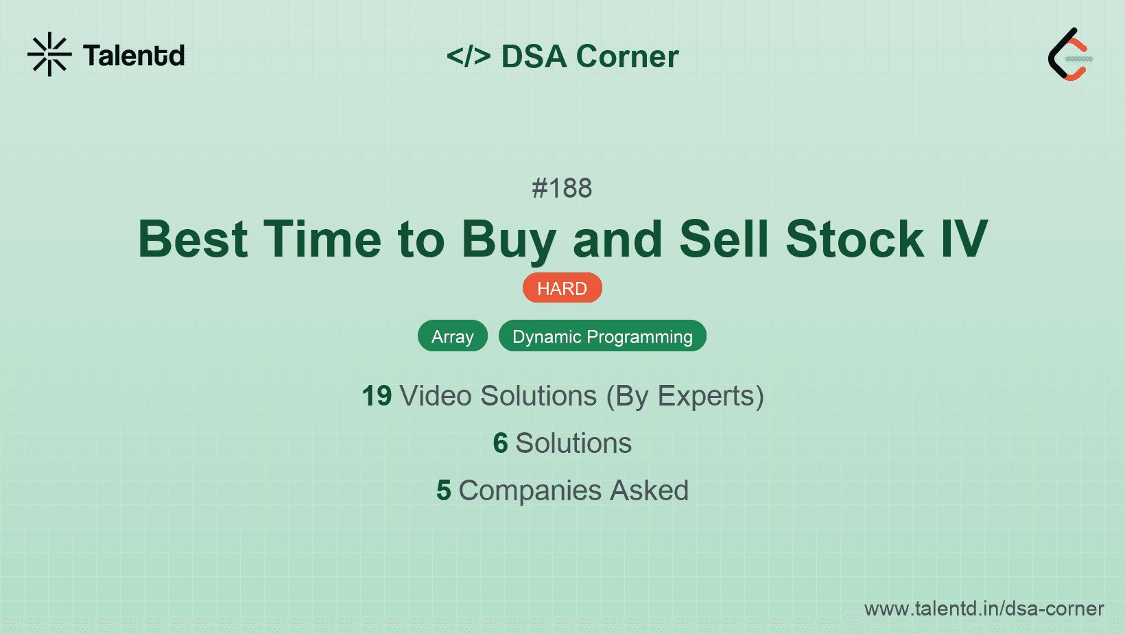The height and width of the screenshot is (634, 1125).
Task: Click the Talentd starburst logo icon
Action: point(49,54)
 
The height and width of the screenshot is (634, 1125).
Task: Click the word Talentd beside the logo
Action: point(134,56)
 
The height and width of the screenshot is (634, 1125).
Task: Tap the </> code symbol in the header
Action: point(469,56)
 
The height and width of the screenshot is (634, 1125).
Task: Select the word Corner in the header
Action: point(627,56)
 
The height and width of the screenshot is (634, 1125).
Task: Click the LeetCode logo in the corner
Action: point(1070,55)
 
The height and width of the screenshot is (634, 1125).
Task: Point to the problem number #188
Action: point(562,188)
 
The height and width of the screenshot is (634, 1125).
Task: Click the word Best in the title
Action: point(193,239)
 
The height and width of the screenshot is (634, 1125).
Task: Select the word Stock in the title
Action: point(855,239)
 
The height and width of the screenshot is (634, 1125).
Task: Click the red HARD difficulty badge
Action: point(562,288)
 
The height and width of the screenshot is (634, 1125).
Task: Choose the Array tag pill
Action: point(452,336)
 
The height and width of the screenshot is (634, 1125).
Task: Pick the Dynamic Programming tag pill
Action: point(602,336)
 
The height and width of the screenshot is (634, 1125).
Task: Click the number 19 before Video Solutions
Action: point(377,396)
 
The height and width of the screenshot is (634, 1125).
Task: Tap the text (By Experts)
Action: point(685,397)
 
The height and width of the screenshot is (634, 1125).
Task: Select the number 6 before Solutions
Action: point(500,443)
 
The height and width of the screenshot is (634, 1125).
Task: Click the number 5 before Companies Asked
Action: point(443,491)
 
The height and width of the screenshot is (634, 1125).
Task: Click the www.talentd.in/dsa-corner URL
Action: point(984,609)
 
